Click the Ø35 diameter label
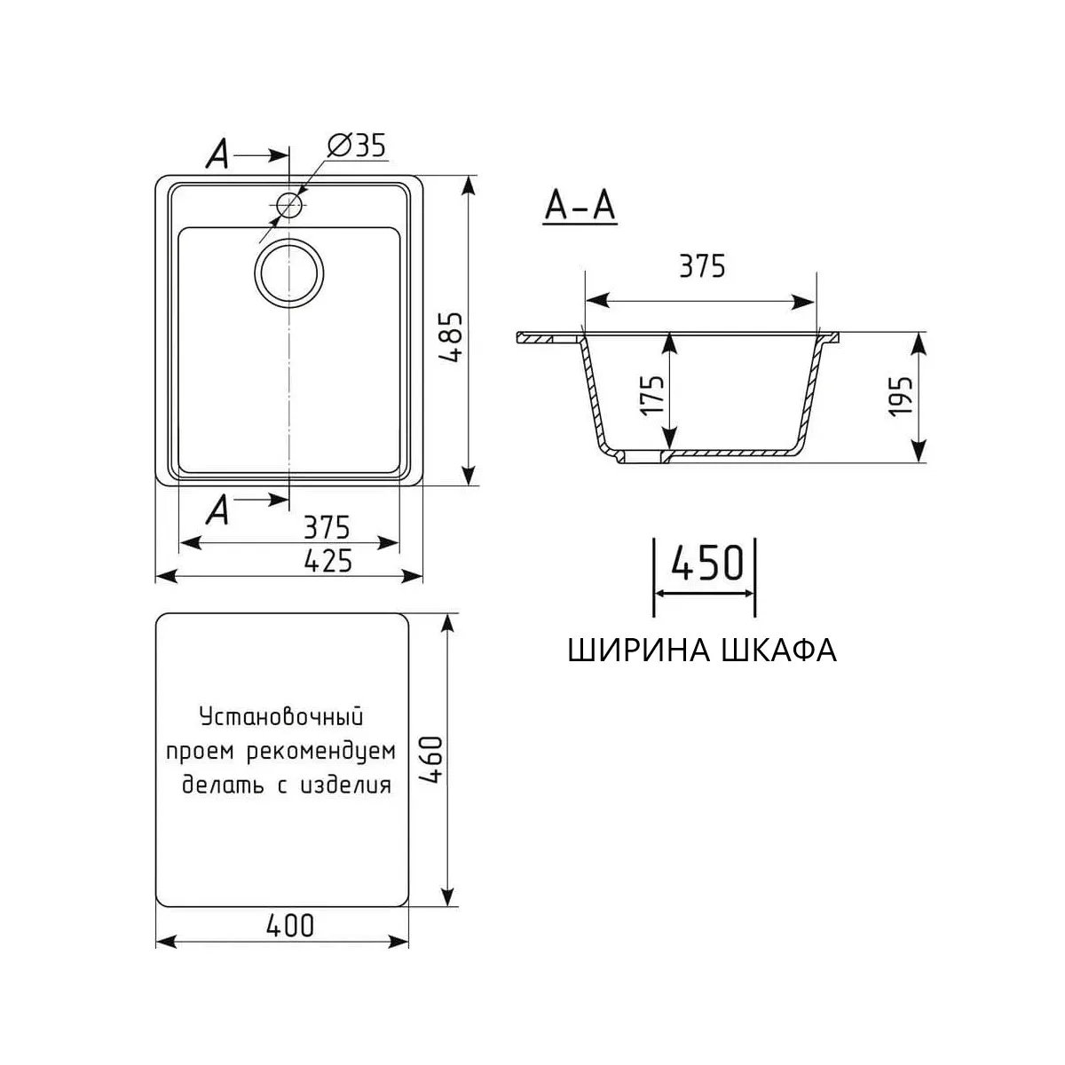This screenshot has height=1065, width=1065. coord(357,146)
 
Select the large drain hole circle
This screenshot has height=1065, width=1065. coord(289,272)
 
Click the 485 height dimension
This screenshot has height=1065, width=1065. coord(454,338)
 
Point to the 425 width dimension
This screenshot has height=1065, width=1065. coord(327,561)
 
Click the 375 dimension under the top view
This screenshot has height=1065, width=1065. coord(327,527)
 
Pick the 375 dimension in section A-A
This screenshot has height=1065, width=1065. coord(701,266)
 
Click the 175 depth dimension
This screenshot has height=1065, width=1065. coord(652,395)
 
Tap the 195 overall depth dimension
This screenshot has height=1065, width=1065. coord(900,397)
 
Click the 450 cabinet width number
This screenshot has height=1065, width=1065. coord(706,562)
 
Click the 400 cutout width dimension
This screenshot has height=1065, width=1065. coord(290,926)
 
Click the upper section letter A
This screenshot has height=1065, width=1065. coord(218,155)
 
